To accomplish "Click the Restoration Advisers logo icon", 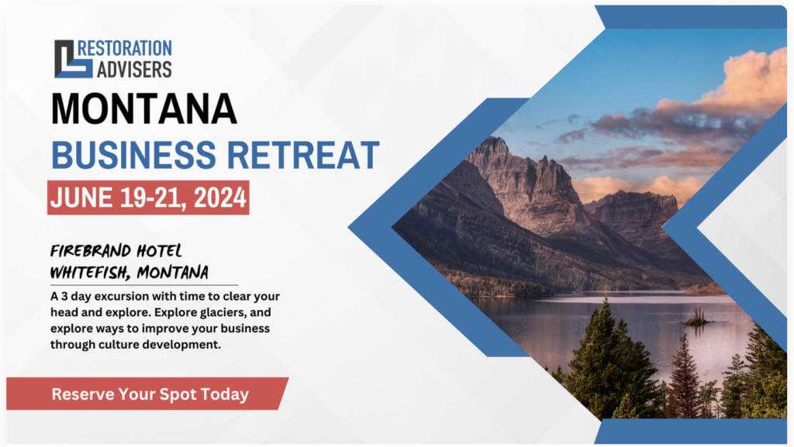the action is pos(74,59).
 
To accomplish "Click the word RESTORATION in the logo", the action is pos(125,49).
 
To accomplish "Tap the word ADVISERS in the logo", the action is pos(134,70).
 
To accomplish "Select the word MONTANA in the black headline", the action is pos(143,108).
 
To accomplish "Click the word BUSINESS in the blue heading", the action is pos(133,155).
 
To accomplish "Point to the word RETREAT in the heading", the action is pos(303,155).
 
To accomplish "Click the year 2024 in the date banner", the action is pos(219,198).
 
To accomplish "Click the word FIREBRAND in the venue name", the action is pos(91,251).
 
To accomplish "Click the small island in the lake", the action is pos(697,318).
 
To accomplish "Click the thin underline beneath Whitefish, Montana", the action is pos(143,285).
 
